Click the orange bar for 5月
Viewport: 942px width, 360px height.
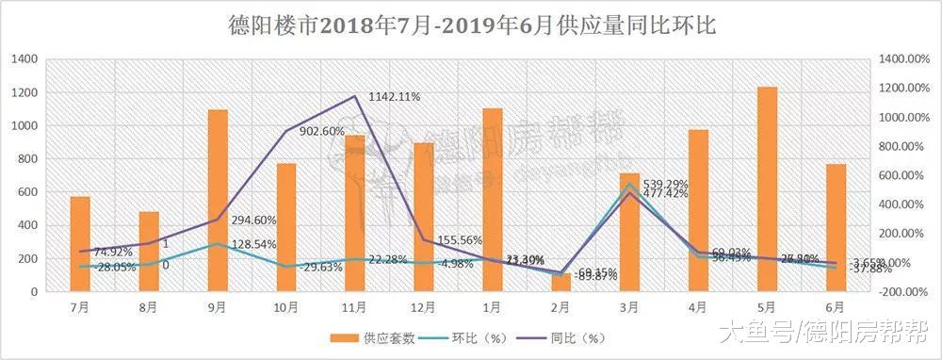click(x=768, y=188)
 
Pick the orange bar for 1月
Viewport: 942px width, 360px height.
click(x=493, y=199)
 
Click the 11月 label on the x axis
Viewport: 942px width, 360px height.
click(x=354, y=306)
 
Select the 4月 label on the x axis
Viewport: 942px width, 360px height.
click(x=699, y=306)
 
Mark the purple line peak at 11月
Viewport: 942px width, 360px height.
click(x=355, y=96)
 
